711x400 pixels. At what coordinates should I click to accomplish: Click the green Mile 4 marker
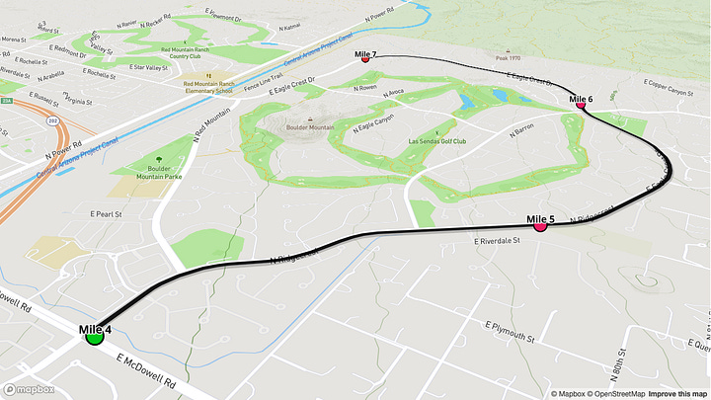click(95, 336)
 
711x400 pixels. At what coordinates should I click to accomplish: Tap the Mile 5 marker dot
click(540, 225)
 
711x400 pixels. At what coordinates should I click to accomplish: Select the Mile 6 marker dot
click(580, 104)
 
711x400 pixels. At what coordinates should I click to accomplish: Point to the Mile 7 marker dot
click(365, 59)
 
